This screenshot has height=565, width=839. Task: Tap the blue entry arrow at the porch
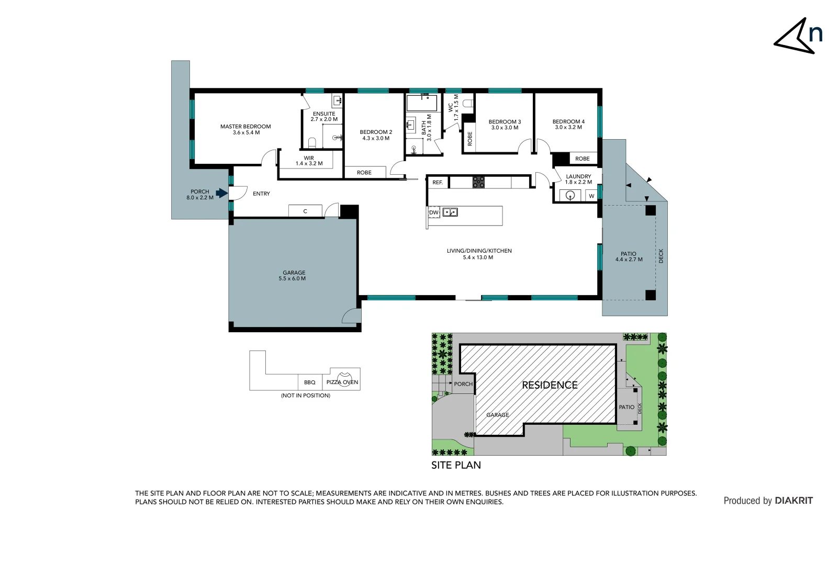tap(222, 193)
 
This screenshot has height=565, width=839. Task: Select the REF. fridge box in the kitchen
tap(438, 183)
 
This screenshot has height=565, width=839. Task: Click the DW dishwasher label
tap(433, 212)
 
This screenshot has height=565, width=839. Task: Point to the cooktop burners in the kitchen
tap(478, 182)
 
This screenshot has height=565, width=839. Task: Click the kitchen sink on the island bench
tap(450, 212)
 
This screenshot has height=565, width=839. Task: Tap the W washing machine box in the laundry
tap(591, 196)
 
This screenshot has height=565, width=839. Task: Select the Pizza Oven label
tap(342, 382)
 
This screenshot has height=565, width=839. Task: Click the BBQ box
tap(310, 382)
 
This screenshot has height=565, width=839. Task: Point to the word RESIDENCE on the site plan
tap(550, 385)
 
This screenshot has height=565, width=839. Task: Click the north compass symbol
tap(798, 37)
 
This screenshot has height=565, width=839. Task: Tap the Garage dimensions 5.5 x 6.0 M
tap(292, 279)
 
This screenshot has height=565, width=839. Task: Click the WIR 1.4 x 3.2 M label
tap(309, 161)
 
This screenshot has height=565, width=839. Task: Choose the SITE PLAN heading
tap(456, 465)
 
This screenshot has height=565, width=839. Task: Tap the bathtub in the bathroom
tap(422, 103)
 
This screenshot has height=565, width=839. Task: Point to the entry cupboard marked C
tap(305, 211)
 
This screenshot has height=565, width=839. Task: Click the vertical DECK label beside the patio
tap(661, 256)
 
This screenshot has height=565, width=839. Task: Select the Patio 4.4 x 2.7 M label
tap(629, 256)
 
